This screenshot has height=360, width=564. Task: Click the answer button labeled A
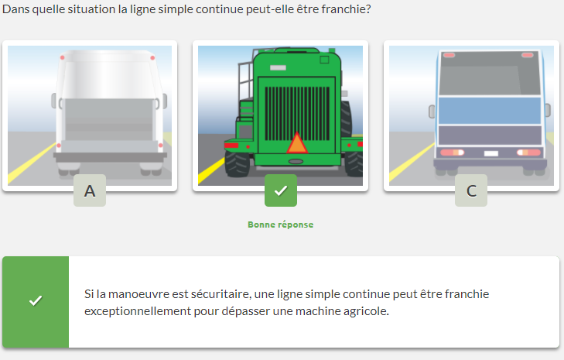[90, 190]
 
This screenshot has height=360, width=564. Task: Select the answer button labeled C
[471, 190]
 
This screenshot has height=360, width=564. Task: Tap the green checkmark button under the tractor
[281, 190]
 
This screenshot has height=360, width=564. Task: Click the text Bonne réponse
[281, 225]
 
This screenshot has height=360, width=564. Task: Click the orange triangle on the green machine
[297, 143]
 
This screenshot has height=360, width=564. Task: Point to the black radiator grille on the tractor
[297, 113]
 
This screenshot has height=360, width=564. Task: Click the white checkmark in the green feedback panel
[36, 300]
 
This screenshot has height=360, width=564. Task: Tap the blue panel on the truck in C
[490, 111]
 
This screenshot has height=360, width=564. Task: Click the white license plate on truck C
[491, 154]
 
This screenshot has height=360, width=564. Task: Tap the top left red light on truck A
[62, 57]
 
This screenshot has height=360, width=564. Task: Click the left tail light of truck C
[452, 153]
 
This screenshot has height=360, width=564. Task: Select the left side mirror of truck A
[54, 101]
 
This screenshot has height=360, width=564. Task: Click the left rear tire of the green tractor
[237, 164]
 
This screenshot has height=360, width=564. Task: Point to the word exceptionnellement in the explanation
[137, 311]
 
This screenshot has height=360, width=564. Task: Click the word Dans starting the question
[15, 9]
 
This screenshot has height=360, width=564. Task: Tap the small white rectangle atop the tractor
[278, 67]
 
